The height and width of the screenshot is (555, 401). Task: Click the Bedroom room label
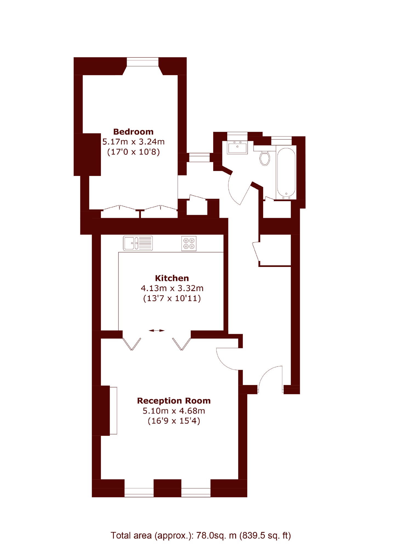133,132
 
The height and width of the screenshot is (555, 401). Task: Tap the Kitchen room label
172,278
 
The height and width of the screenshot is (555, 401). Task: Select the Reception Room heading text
174,401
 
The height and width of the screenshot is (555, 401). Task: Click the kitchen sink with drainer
138,243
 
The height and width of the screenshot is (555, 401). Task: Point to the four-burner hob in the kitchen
189,243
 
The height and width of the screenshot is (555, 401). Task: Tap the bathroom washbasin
237,147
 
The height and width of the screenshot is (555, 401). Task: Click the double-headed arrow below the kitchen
157,331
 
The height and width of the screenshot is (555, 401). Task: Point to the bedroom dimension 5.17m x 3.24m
133,142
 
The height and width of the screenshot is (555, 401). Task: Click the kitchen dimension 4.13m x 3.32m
172,288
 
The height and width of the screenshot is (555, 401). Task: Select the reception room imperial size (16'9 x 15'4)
174,421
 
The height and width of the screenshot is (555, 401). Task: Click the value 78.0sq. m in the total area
216,535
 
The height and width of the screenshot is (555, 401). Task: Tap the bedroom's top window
143,62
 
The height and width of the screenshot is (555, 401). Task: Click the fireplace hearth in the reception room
113,411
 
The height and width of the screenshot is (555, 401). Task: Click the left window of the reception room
139,492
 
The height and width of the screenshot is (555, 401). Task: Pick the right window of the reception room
196,492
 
